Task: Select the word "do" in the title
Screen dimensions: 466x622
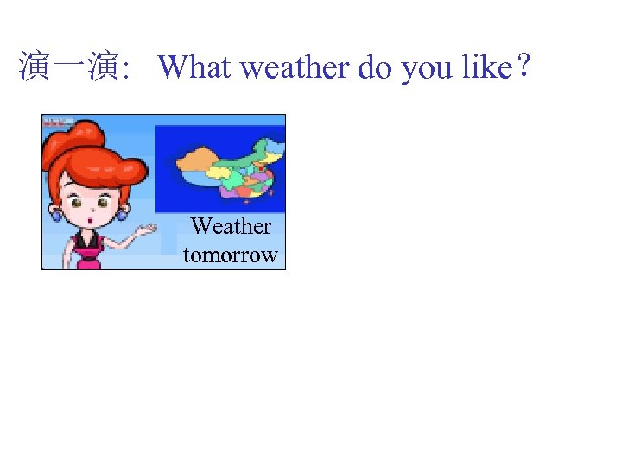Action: [374, 67]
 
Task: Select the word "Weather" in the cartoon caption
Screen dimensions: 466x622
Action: [231, 226]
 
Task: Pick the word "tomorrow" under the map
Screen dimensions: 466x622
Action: [230, 255]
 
